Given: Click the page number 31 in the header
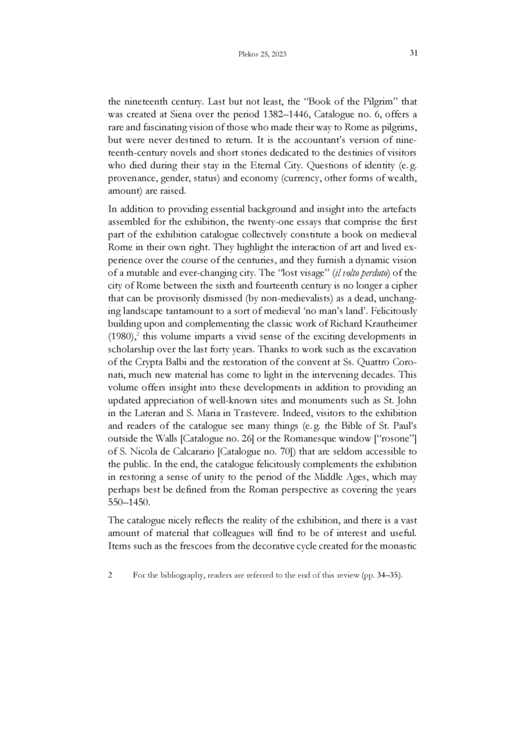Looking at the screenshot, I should (x=414, y=53).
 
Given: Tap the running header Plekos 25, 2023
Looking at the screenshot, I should (x=262, y=54).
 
